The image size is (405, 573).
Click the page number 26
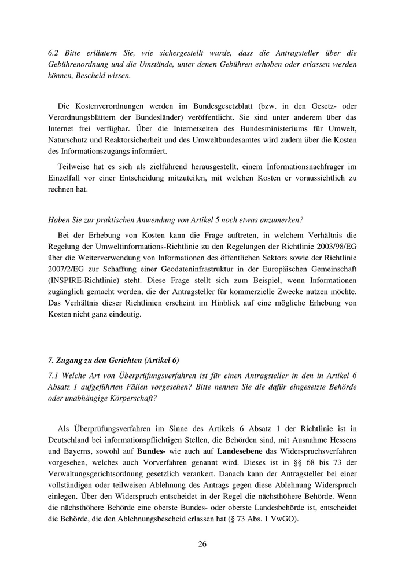tap(203, 544)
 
